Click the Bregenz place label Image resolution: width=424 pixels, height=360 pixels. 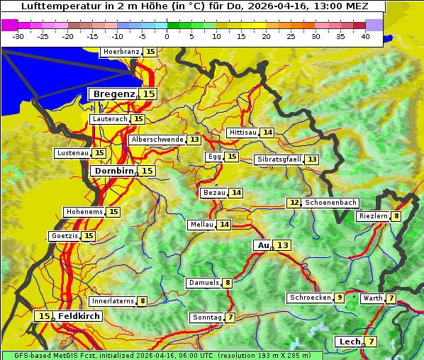pyautogui.click(x=112, y=94)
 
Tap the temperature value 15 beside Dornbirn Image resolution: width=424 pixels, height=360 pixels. pyautogui.click(x=147, y=171)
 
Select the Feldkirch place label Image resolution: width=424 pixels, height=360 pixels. pyautogui.click(x=79, y=316)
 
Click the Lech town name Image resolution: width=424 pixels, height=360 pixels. pyautogui.click(x=350, y=342)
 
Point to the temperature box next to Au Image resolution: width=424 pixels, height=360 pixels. pyautogui.click(x=283, y=245)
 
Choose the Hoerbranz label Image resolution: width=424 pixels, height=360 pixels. pyautogui.click(x=121, y=52)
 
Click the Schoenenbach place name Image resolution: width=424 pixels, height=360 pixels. pyautogui.click(x=330, y=203)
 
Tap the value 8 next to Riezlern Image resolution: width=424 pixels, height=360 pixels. pyautogui.click(x=396, y=216)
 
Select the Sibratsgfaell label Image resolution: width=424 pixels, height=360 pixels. pyautogui.click(x=279, y=159)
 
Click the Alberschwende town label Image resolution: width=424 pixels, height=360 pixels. pyautogui.click(x=157, y=140)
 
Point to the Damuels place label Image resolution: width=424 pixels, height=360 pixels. pyautogui.click(x=203, y=283)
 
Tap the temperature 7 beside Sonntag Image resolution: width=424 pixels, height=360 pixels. pyautogui.click(x=230, y=317)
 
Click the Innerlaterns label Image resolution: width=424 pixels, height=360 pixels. pyautogui.click(x=113, y=301)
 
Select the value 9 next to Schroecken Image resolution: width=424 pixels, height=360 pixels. pyautogui.click(x=340, y=298)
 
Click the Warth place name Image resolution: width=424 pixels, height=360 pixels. pyautogui.click(x=372, y=298)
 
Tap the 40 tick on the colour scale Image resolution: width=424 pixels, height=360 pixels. pyautogui.click(x=365, y=36)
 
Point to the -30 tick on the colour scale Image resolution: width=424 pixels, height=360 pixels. pyautogui.click(x=19, y=36)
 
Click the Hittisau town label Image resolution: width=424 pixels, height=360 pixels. pyautogui.click(x=242, y=133)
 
